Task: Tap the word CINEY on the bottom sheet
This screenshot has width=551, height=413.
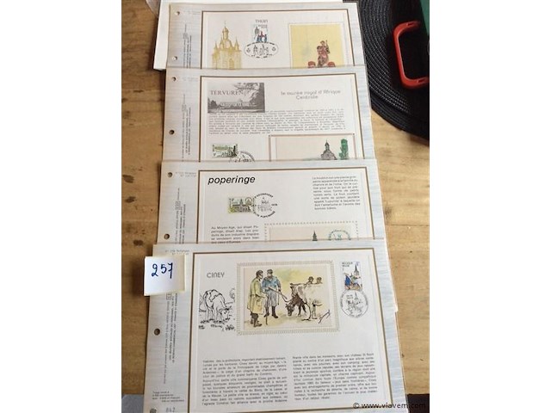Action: tap(215, 274)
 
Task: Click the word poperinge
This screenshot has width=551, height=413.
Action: tap(231, 180)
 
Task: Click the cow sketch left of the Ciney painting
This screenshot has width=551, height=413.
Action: tap(216, 307)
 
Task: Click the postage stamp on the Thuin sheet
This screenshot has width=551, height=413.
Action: tap(261, 34)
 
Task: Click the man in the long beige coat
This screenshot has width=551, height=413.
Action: tap(257, 297)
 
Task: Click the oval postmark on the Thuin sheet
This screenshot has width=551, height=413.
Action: tap(261, 49)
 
